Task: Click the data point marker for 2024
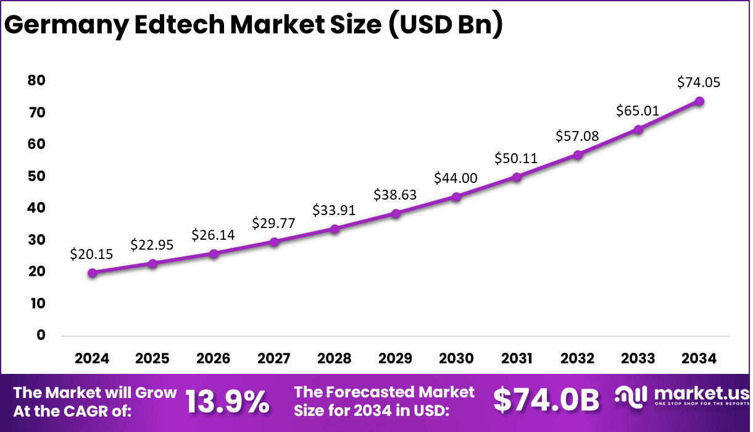click(x=92, y=273)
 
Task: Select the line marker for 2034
click(x=699, y=101)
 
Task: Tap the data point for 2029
click(x=396, y=213)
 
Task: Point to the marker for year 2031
click(x=517, y=177)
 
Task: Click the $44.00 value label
click(x=456, y=178)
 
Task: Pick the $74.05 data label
click(x=699, y=82)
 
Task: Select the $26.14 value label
click(x=213, y=235)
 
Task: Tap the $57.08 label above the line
click(x=577, y=136)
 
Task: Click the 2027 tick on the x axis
click(x=274, y=358)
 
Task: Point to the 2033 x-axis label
click(x=638, y=358)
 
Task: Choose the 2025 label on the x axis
click(x=152, y=358)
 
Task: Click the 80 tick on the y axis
click(x=36, y=80)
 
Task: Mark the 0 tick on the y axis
click(x=41, y=335)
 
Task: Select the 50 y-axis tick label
click(x=36, y=176)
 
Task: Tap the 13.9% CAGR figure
click(x=227, y=402)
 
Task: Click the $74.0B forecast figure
click(x=546, y=401)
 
